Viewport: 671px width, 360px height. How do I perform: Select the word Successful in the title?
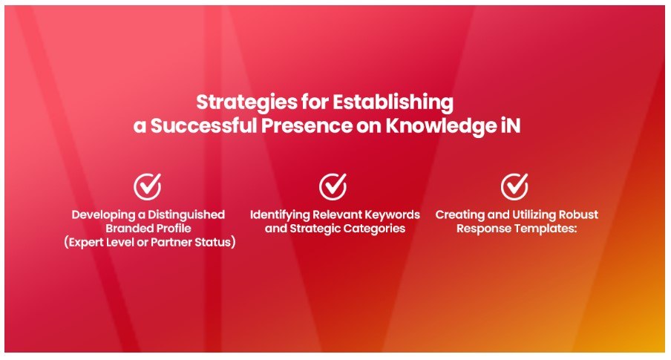[x=203, y=126]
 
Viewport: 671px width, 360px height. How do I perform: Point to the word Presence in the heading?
[x=307, y=126]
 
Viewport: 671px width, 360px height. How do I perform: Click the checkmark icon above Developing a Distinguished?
[x=148, y=186]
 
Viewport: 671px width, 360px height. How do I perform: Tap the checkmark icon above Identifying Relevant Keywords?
[x=333, y=186]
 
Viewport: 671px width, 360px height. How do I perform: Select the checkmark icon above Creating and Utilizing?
[x=515, y=186]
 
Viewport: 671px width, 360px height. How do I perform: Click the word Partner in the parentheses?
[x=171, y=242]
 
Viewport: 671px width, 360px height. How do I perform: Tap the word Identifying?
[x=280, y=215]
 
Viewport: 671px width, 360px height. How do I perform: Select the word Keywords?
[x=392, y=215]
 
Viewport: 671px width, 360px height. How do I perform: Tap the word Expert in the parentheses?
[x=86, y=243]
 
